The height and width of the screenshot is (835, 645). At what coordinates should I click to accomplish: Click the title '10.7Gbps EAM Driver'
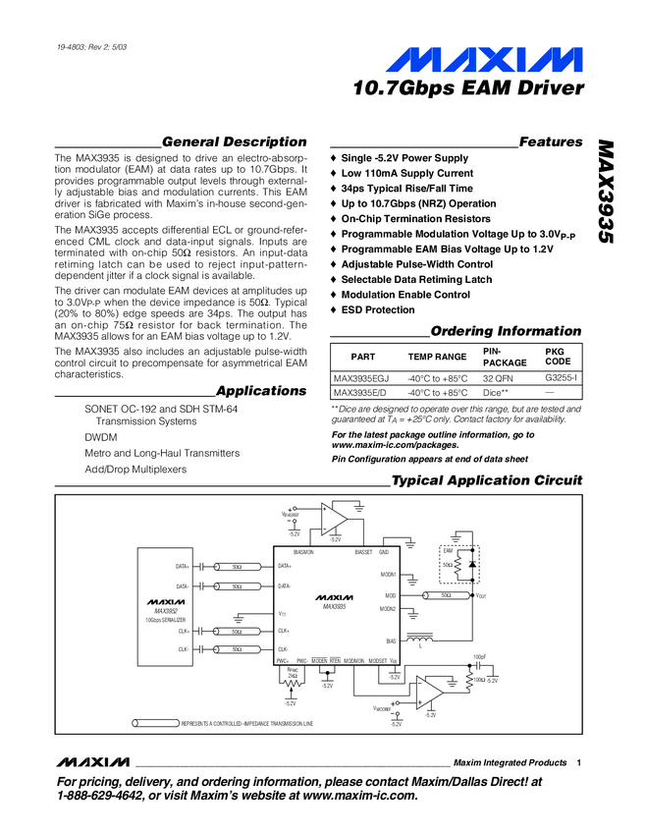tap(469, 89)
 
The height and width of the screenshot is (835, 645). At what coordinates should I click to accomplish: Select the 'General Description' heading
tap(234, 141)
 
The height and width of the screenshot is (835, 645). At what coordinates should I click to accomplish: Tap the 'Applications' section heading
tap(261, 391)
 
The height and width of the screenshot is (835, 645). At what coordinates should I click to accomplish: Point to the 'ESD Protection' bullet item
tap(378, 310)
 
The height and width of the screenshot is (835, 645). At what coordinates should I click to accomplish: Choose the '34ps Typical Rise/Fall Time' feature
tap(406, 189)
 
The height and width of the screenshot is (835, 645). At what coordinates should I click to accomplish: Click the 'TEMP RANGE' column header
tap(437, 358)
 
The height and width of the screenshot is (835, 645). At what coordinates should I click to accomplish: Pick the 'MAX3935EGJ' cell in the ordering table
tap(361, 377)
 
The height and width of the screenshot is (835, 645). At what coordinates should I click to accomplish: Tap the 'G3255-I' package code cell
tap(561, 377)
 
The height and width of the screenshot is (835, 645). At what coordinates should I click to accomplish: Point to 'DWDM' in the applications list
tap(100, 437)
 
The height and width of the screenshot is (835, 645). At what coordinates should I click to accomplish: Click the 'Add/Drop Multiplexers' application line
tap(135, 469)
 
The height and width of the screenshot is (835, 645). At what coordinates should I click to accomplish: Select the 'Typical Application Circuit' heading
tap(487, 481)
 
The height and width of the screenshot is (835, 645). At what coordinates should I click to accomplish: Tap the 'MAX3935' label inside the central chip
tap(334, 606)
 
